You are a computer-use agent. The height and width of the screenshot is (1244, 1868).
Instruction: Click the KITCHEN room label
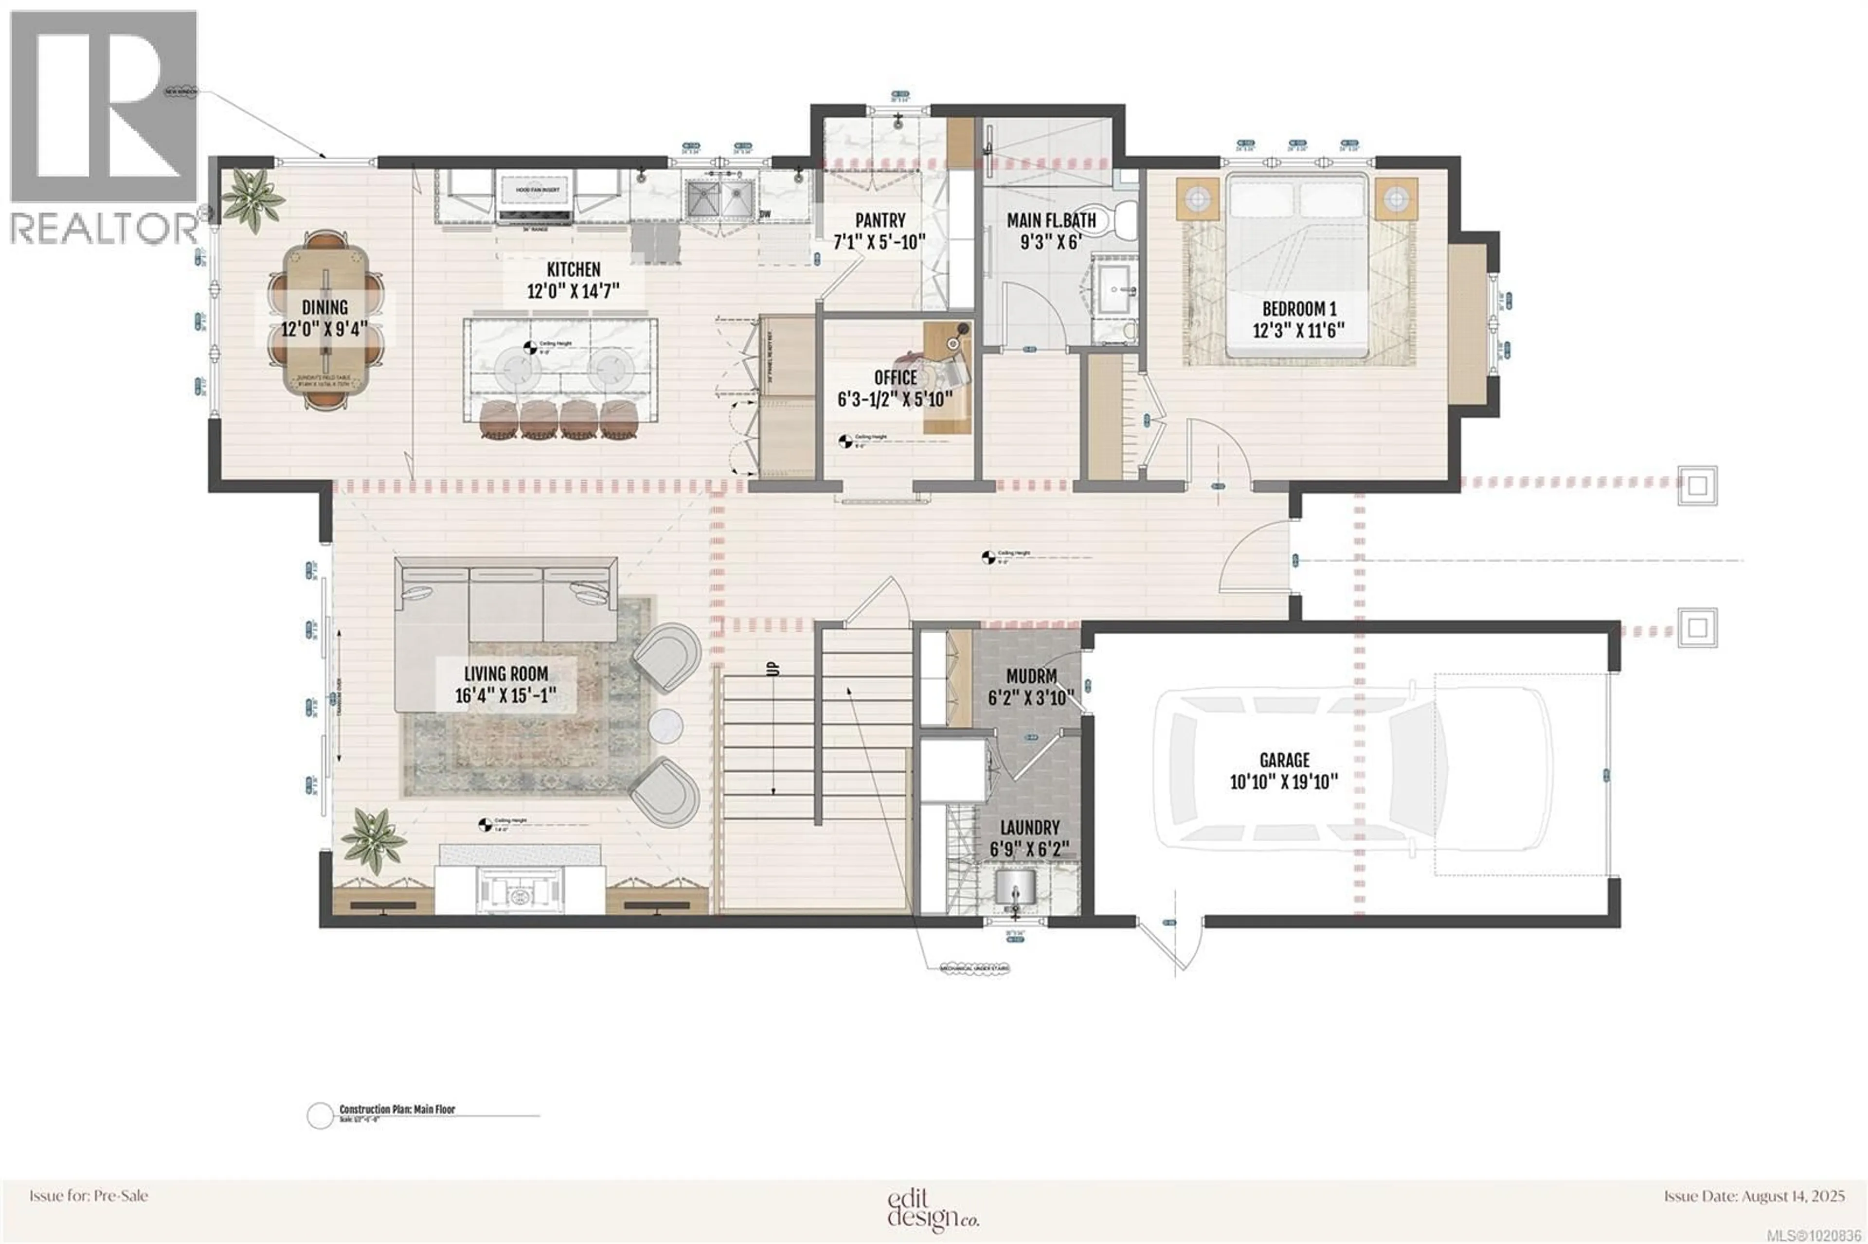click(573, 270)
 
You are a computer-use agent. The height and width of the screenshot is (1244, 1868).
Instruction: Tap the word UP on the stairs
click(773, 669)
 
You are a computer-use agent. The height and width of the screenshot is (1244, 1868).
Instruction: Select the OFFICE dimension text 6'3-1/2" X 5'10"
click(895, 399)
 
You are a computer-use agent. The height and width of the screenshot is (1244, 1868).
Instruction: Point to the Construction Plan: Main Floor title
click(397, 1110)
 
